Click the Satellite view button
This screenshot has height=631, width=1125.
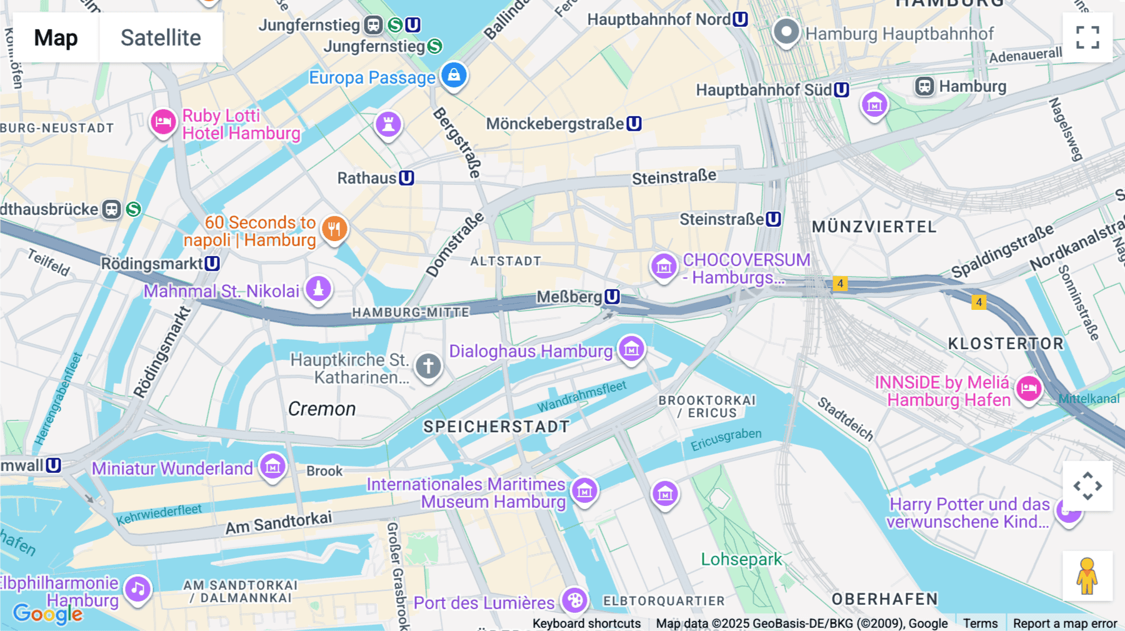(x=161, y=37)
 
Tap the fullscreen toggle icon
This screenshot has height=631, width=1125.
(x=1087, y=37)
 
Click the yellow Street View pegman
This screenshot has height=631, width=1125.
(x=1087, y=576)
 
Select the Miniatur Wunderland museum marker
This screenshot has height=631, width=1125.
(x=272, y=466)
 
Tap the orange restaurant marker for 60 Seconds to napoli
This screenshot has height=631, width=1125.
(x=334, y=229)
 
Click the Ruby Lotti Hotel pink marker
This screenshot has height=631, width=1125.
(x=163, y=122)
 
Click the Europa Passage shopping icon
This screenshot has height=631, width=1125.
(x=454, y=75)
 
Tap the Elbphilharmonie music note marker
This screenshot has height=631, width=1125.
(x=137, y=589)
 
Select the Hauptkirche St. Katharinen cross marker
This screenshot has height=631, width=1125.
(x=428, y=366)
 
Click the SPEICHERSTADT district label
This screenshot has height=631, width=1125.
(x=496, y=427)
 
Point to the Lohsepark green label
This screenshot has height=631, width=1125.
(x=741, y=559)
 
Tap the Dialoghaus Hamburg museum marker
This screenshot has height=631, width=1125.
(x=631, y=349)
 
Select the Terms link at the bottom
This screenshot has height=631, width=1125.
(x=980, y=624)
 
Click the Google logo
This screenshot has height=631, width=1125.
(x=47, y=614)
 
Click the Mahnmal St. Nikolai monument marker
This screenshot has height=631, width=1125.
(x=318, y=289)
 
